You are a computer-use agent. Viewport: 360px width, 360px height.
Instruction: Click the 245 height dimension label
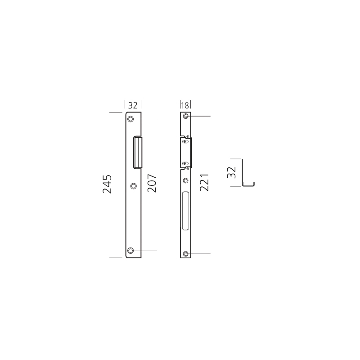(107, 184)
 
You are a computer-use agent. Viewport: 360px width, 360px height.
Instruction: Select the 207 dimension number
(152, 184)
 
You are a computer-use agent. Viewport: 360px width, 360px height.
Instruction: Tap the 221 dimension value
(204, 183)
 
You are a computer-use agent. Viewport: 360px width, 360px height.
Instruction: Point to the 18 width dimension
(185, 105)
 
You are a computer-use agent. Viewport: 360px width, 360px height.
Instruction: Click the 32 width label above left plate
(133, 105)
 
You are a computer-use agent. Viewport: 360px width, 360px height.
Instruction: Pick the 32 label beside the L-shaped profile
(231, 172)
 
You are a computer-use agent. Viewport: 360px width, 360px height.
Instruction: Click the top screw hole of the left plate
(130, 119)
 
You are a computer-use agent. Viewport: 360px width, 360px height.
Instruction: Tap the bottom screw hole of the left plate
(130, 250)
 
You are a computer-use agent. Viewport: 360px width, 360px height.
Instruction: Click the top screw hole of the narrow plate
(185, 117)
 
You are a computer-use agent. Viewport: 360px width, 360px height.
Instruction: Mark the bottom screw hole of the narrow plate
(185, 254)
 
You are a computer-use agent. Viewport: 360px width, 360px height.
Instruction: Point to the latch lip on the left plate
(137, 153)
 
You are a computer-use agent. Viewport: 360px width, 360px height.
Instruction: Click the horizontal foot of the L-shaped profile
(249, 183)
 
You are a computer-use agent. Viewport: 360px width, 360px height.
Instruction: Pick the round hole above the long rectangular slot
(185, 181)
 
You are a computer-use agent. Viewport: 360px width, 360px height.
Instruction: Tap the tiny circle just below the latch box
(188, 169)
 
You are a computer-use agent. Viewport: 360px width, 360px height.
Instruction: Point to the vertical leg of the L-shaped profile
(243, 171)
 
